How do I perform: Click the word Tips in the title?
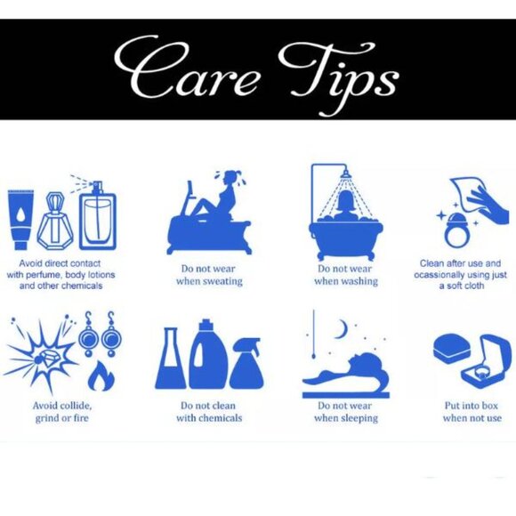339,77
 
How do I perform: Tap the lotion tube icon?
20,220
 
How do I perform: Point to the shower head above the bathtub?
345,173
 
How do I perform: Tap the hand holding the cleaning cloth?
486,206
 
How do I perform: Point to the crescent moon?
343,329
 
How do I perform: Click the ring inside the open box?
480,373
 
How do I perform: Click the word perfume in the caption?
47,275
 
